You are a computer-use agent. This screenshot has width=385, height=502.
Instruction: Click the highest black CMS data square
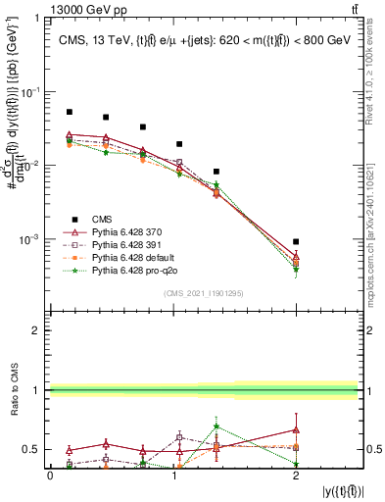point(69,112)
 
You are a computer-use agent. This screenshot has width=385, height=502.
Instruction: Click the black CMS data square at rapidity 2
point(296,241)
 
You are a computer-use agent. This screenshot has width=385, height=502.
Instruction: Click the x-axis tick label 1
point(172,475)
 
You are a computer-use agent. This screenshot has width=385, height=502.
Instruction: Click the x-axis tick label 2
point(296,475)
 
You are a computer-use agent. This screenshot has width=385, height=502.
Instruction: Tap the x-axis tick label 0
point(50,475)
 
